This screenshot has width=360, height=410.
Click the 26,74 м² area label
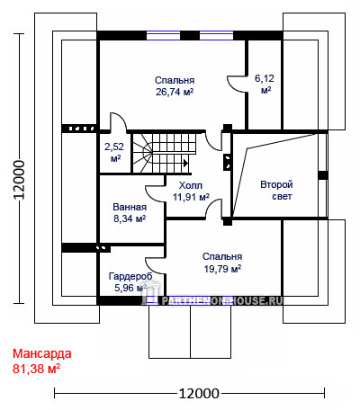click(x=175, y=92)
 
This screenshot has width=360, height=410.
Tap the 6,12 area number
click(x=265, y=78)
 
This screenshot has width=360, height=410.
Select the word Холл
click(x=191, y=185)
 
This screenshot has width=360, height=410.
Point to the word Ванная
click(x=130, y=207)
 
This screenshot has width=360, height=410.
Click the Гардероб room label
click(x=130, y=276)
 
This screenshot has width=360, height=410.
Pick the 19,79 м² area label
click(x=222, y=269)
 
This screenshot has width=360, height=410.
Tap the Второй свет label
click(x=276, y=191)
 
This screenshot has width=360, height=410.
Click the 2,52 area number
click(x=114, y=147)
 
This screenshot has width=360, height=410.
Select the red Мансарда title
click(x=42, y=354)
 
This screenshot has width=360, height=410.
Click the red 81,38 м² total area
click(x=36, y=369)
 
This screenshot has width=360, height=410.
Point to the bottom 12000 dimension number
click(x=199, y=393)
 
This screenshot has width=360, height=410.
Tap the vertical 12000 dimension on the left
click(x=19, y=180)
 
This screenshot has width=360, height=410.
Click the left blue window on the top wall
click(x=163, y=35)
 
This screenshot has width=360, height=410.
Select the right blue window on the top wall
click(x=216, y=35)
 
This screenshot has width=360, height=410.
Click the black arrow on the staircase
click(x=185, y=164)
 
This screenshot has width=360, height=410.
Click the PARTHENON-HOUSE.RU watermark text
click(x=222, y=300)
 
